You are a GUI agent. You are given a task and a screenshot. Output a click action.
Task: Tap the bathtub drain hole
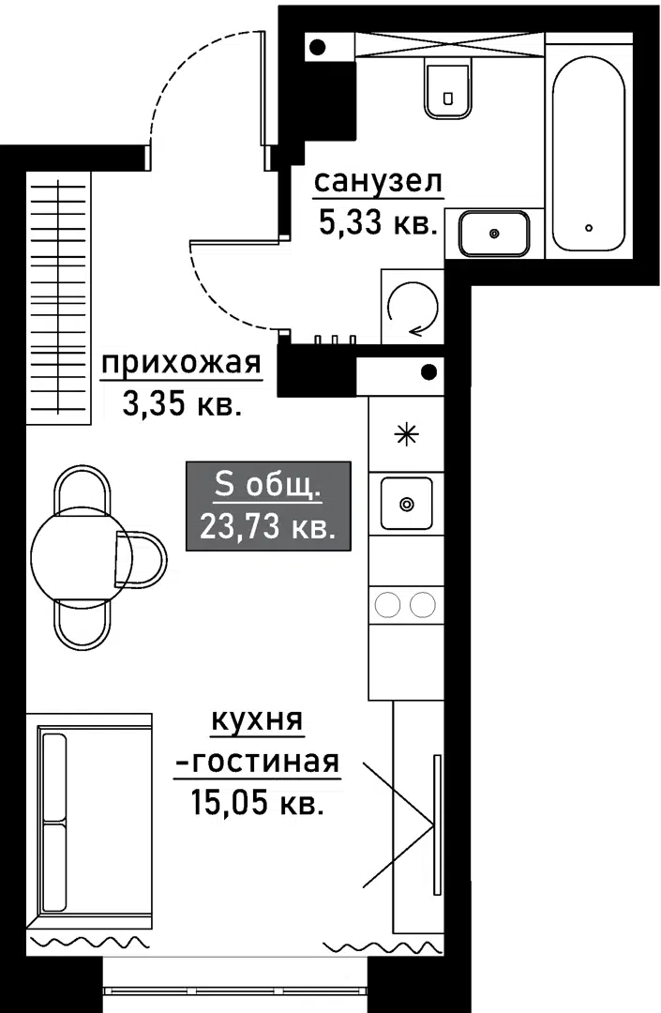(588, 227)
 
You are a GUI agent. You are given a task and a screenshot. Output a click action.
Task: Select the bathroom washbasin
(494, 234)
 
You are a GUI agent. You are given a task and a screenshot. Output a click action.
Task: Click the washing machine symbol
(413, 307)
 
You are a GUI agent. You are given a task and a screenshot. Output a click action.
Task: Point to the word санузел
(378, 182)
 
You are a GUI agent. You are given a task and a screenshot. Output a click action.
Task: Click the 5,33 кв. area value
(378, 223)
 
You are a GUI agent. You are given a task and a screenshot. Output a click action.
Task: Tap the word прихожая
(181, 364)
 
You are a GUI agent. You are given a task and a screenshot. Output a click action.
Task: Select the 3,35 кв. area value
(182, 405)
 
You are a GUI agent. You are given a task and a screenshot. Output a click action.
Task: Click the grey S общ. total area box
(268, 506)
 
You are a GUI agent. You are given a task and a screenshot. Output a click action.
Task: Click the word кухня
(257, 719)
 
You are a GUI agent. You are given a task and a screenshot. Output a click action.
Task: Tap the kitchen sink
(406, 504)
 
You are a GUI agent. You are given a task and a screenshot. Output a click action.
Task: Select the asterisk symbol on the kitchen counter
(407, 435)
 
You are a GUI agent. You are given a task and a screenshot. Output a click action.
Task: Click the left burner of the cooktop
(389, 605)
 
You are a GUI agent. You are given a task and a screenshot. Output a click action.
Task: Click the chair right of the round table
(141, 559)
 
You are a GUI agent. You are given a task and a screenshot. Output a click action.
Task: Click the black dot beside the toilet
(317, 47)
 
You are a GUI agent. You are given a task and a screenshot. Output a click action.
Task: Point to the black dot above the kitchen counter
(428, 372)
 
